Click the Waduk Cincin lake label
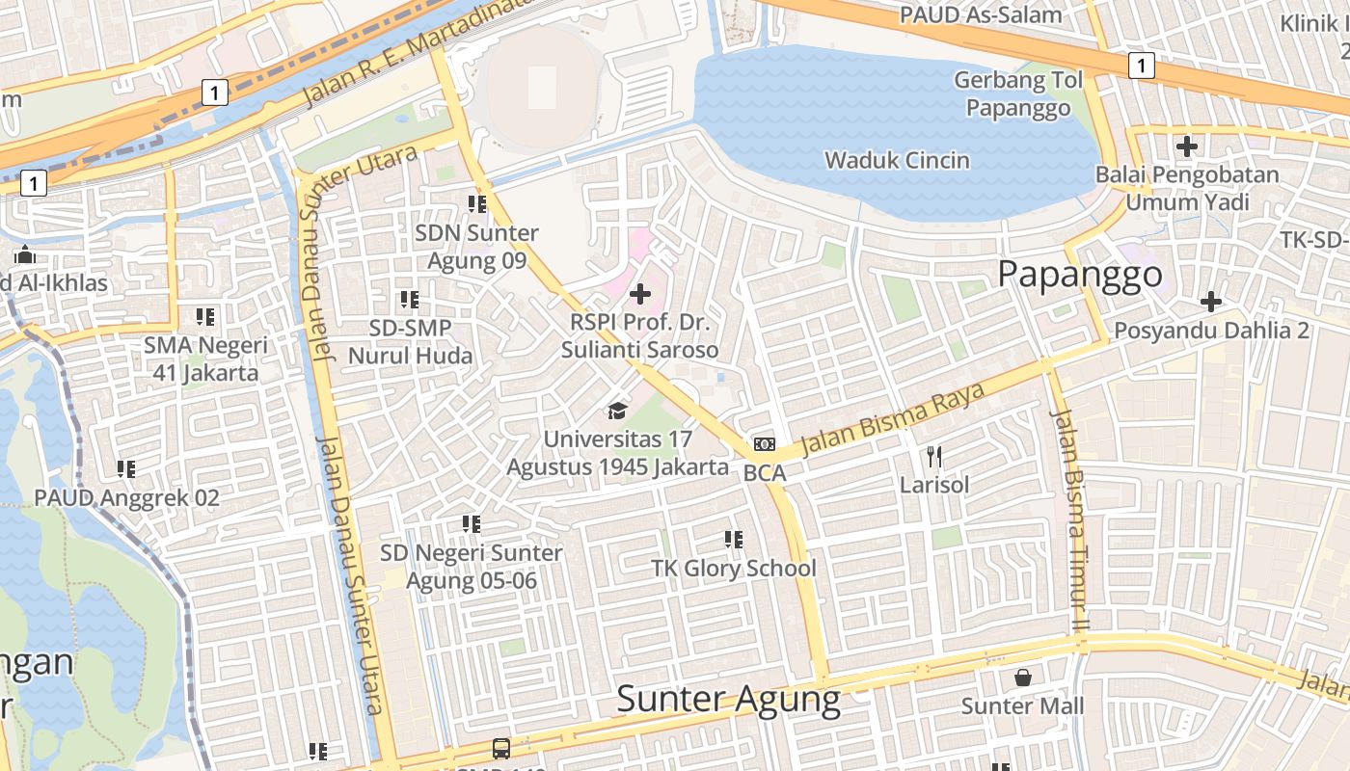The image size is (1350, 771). [x=897, y=160]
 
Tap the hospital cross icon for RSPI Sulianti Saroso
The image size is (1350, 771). [x=639, y=293]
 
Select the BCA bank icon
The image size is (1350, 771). [x=765, y=444]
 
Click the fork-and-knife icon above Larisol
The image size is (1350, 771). [x=933, y=456]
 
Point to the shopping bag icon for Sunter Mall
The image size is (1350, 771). [x=1022, y=678]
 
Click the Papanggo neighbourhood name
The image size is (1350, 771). [x=1079, y=275]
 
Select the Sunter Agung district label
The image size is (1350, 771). [x=728, y=699]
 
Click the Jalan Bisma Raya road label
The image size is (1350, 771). [x=893, y=418]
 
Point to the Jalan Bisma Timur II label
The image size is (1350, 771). [x=1069, y=520]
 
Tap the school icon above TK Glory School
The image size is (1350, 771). [x=734, y=540]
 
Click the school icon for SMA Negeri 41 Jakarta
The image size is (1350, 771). [x=204, y=316]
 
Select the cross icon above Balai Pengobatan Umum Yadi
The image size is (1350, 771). [x=1186, y=146]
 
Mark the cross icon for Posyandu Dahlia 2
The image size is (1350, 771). [x=1210, y=302]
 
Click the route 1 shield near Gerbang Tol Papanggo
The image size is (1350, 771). [x=1141, y=66]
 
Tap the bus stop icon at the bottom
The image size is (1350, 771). [x=501, y=748]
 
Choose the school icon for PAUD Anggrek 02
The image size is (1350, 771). [x=126, y=469]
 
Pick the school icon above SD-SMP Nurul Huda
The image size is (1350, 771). [x=410, y=300]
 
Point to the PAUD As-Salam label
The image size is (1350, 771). [x=981, y=14]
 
